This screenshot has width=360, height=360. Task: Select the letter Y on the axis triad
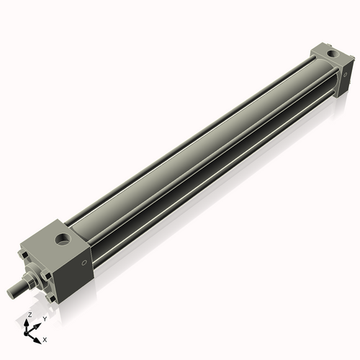[45, 318]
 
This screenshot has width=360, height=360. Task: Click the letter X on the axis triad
[45, 338]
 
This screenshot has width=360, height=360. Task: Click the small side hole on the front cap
[84, 264]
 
